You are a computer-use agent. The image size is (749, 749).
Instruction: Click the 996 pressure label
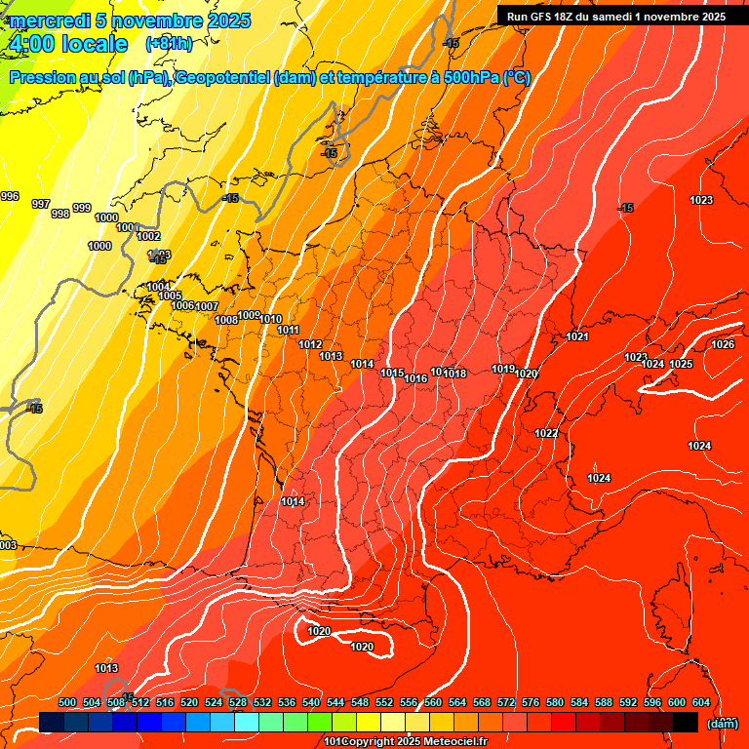10,197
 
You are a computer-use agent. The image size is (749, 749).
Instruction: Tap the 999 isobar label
82,208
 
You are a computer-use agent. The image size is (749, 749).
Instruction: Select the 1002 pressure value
148,236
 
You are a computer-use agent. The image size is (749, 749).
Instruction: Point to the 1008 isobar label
226,320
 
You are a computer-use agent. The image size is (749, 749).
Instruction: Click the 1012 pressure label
311,344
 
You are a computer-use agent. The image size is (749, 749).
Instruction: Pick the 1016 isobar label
416,378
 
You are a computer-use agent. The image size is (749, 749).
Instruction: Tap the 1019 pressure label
503,369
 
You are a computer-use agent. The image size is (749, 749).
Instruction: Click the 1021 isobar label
577,336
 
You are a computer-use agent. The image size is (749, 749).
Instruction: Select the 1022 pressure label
546,433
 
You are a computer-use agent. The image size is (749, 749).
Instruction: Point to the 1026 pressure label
723,344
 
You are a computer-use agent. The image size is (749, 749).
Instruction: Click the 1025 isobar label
681,364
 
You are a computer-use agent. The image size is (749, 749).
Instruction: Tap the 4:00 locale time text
67,44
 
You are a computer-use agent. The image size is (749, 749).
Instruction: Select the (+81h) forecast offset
169,44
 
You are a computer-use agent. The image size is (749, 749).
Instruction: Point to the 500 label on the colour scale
67,702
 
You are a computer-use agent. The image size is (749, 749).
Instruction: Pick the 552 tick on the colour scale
384,702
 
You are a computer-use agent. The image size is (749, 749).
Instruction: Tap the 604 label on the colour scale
701,702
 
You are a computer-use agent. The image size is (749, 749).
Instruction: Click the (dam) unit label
723,723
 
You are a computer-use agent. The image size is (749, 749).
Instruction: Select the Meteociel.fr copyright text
410,742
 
